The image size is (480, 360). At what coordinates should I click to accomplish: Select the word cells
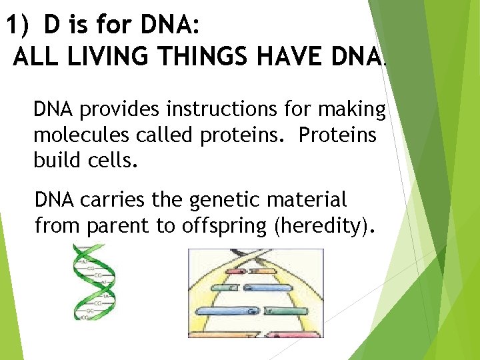click(x=111, y=161)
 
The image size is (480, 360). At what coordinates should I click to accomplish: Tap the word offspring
click(x=224, y=226)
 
